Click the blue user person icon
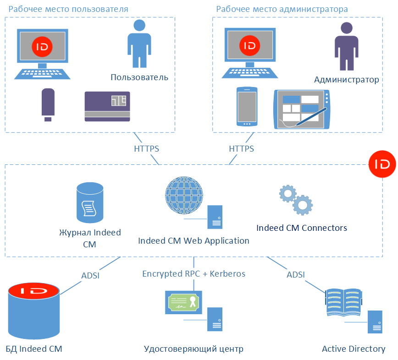[139, 44]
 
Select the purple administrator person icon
[346, 46]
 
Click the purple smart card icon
[107, 106]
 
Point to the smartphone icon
[247, 106]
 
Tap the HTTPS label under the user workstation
[146, 149]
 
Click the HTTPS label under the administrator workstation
[241, 149]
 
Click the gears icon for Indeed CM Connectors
[296, 200]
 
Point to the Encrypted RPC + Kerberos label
[193, 274]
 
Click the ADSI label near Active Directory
[296, 275]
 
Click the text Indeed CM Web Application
[193, 240]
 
